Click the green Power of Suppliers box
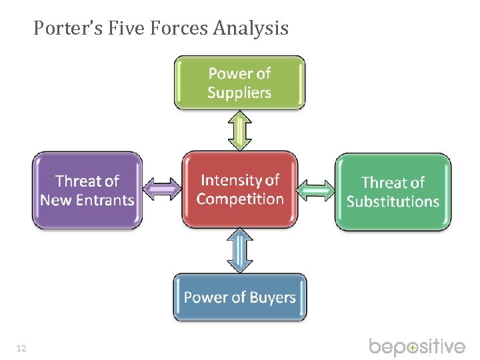[239, 82]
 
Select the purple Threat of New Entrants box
[87, 190]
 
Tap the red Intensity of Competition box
[240, 189]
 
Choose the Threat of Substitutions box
[393, 192]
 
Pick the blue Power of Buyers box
[240, 297]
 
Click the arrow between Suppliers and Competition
[240, 130]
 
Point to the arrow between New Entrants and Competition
[163, 189]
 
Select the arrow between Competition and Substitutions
[317, 191]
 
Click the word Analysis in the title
[251, 28]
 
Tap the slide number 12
[21, 348]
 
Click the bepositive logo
[417, 347]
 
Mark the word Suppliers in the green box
[239, 92]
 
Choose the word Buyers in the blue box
[271, 297]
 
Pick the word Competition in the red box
[240, 199]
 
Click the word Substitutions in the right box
[393, 201]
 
